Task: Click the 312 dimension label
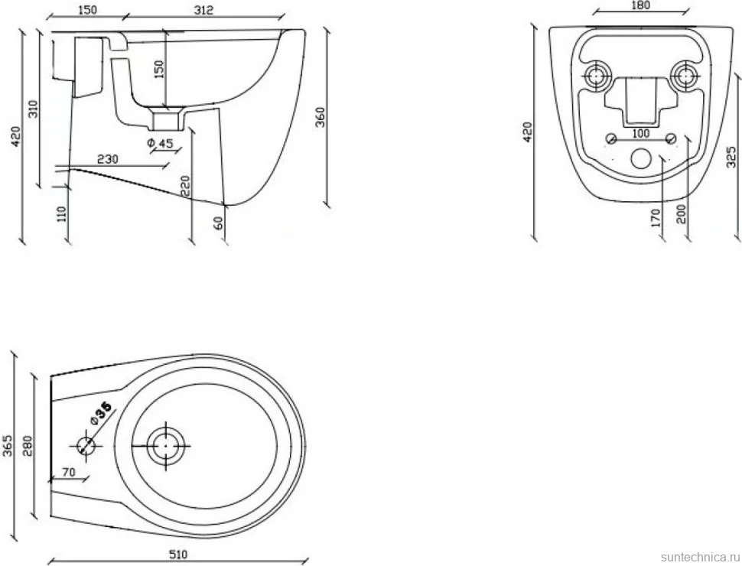pos(203,10)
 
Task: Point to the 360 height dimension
pos(321,117)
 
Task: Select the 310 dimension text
pos(33,109)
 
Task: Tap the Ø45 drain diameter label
pos(161,143)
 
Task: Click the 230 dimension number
pos(107,159)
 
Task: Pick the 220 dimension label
pos(185,186)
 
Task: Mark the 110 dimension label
pos(61,214)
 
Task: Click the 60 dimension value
pos(218,223)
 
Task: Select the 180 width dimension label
pos(641,5)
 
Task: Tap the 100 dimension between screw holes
pos(641,133)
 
